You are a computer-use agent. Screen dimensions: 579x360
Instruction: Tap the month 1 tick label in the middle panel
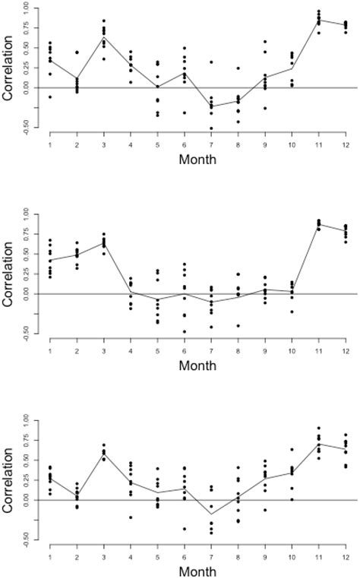(x=49, y=347)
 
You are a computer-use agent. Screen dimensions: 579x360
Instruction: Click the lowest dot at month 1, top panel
(x=50, y=97)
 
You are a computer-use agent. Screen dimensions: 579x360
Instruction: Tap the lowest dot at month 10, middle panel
(x=292, y=312)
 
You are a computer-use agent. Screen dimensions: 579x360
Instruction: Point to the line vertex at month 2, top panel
(x=77, y=78)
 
